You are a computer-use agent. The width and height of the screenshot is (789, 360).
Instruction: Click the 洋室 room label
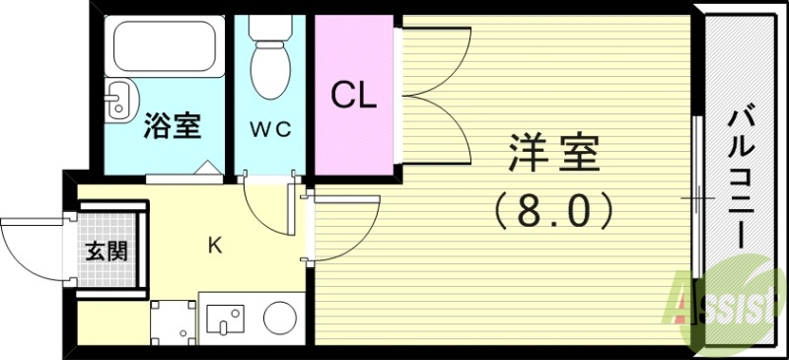[x=553, y=156]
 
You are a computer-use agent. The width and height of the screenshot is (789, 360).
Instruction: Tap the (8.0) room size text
[x=553, y=209]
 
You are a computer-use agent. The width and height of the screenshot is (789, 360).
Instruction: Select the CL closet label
[x=352, y=96]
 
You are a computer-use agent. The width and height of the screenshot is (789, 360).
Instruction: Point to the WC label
[x=269, y=129]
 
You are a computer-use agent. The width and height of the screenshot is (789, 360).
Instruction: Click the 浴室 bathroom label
[x=173, y=125]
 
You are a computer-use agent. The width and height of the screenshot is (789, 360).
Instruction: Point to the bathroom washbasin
[x=119, y=100]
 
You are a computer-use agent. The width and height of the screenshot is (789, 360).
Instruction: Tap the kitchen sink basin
[x=228, y=319]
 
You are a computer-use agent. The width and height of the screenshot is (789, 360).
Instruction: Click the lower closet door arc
[x=434, y=128]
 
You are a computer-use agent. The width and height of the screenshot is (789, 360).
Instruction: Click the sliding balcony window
[x=697, y=197]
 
